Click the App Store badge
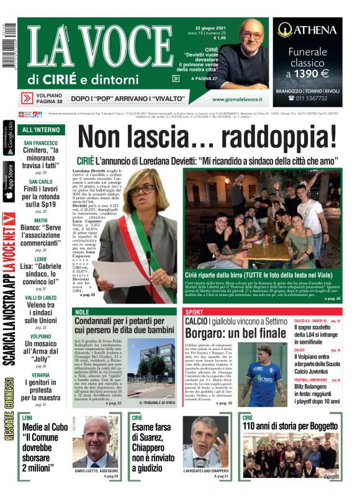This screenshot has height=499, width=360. (8, 182)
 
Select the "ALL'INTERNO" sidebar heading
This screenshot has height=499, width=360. (41, 130)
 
